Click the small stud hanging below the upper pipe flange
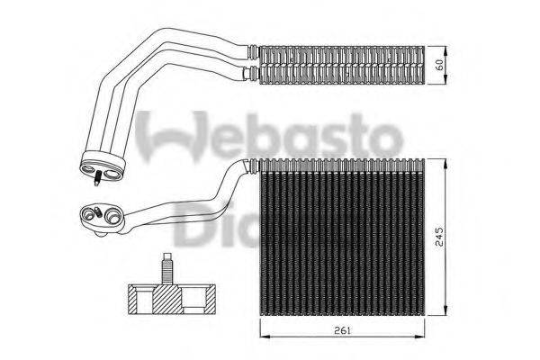tap(95, 179)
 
